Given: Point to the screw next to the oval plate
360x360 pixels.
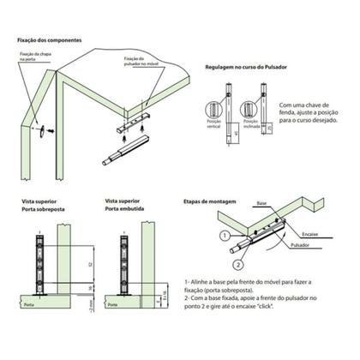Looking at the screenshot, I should click(x=50, y=128).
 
